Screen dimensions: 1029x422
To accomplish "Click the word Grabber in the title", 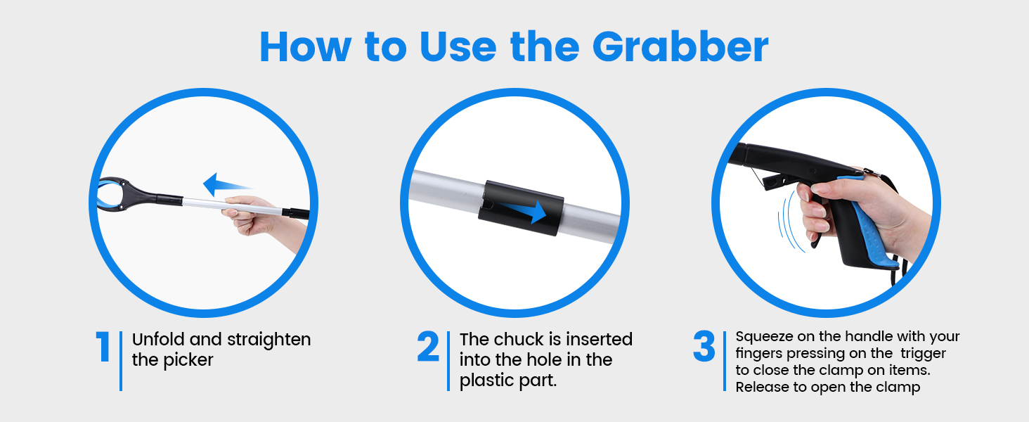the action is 680,46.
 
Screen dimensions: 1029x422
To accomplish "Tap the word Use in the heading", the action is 458,46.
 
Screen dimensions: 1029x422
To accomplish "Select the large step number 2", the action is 428,346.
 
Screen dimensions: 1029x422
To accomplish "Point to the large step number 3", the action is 704,346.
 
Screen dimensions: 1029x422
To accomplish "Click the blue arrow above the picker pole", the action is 228,185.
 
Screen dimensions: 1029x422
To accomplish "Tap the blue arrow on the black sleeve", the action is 524,211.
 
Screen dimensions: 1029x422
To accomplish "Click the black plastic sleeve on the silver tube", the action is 521,208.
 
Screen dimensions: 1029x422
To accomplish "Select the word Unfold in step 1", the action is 158,339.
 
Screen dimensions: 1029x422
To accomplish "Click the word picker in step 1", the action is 188,360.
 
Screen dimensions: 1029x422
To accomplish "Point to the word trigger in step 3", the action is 924,354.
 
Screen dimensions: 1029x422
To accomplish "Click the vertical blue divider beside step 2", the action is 448,361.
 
